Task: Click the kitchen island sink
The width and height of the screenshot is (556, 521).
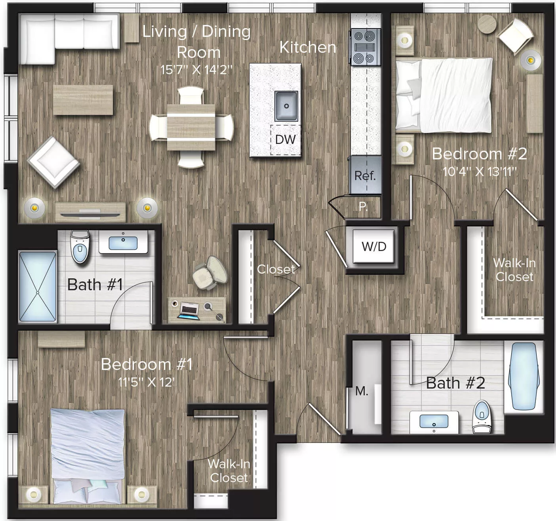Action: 286,106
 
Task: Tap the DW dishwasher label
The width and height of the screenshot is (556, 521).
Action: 286,140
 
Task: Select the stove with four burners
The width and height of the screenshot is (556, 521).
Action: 365,47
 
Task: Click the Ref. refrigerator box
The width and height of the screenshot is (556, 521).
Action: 365,175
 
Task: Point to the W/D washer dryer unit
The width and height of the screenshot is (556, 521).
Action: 374,247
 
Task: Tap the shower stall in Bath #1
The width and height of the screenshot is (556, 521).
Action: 38,287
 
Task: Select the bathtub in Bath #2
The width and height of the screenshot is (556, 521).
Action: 523,376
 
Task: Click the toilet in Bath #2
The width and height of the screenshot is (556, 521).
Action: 482,417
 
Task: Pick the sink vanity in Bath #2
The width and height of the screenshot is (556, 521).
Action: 434,422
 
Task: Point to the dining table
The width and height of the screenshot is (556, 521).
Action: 191,127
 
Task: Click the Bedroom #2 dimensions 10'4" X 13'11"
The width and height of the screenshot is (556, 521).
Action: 480,172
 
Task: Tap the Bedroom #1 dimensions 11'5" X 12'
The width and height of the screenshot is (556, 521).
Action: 147,382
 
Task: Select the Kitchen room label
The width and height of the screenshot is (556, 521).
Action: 308,47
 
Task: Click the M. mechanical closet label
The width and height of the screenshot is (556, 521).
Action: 362,391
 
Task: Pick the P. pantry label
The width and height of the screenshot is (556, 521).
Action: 363,206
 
